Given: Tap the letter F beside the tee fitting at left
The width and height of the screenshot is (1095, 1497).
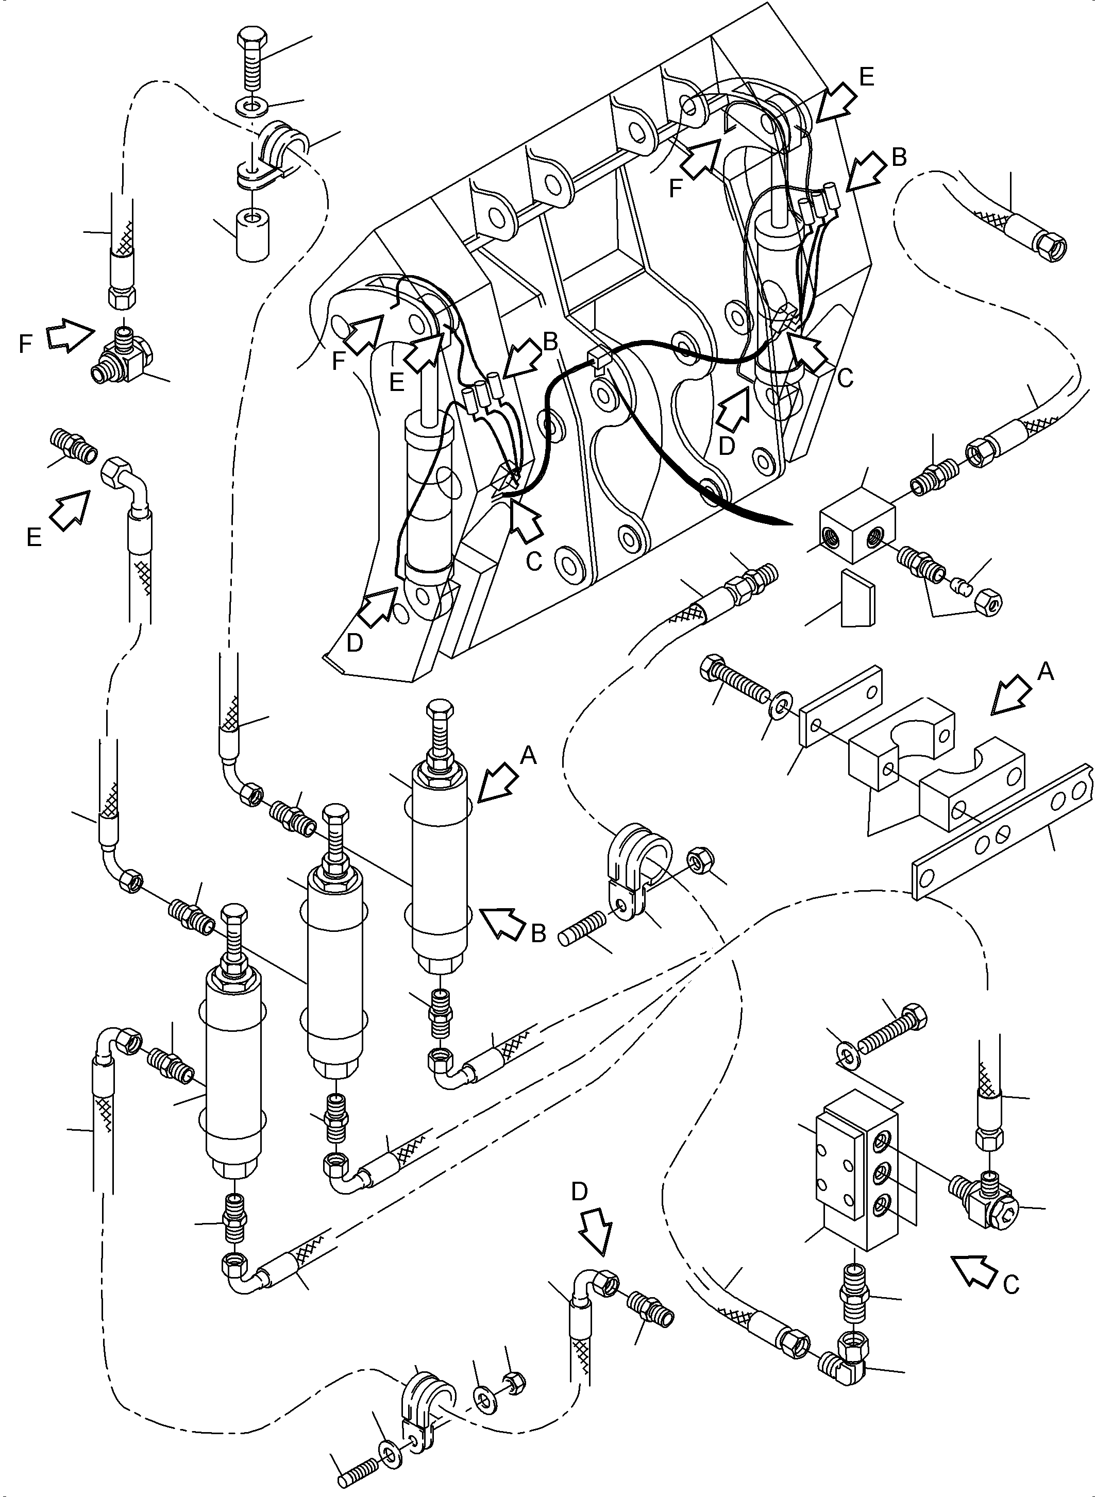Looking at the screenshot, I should click(x=26, y=345).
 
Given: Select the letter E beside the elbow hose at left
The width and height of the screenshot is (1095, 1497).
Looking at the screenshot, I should click(x=35, y=537).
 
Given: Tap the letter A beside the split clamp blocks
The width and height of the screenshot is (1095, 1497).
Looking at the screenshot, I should click(x=1046, y=673).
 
